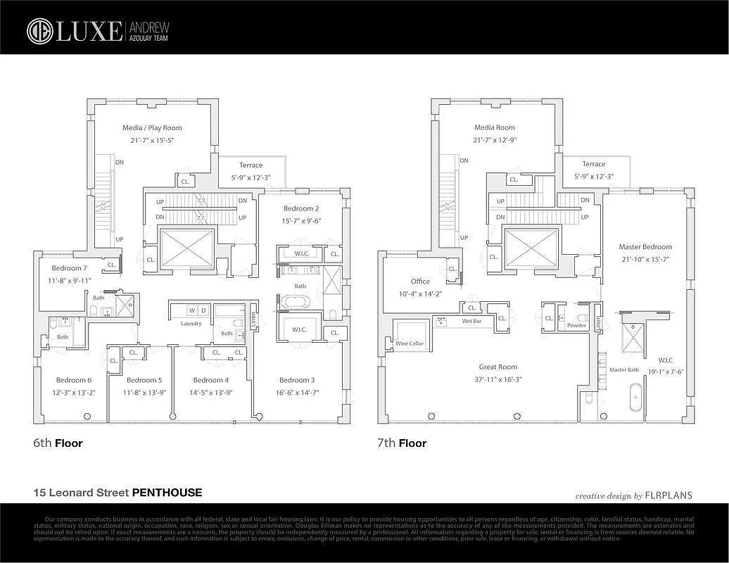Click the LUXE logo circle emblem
40,31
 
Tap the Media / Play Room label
152,128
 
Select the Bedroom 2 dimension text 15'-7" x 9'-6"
302,220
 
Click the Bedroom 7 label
70,268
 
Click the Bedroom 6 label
74,380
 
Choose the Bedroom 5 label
144,380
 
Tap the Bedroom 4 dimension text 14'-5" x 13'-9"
211,392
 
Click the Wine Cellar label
410,343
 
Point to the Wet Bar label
471,321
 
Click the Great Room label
498,367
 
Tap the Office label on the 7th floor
420,281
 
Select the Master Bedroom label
645,247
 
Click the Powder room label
576,325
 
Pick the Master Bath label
623,369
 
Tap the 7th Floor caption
402,443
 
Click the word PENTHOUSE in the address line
167,493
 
